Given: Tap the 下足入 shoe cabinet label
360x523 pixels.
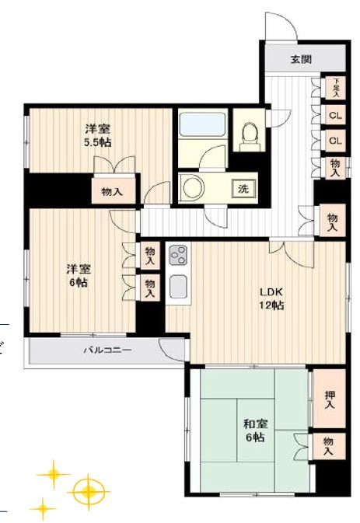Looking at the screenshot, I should click(336, 86).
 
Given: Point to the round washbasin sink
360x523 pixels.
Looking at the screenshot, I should click(193, 187).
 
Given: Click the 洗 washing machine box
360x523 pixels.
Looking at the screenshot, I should click(243, 188).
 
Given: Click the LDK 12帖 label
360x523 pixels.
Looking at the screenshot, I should click(271, 298).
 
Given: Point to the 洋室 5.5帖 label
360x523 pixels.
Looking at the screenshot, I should click(97, 136).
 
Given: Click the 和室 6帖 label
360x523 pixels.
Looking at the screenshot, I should click(254, 431).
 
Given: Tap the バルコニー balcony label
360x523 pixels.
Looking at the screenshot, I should click(107, 350).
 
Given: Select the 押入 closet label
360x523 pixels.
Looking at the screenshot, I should click(330, 399).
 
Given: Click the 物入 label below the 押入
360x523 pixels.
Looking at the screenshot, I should click(330, 446).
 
